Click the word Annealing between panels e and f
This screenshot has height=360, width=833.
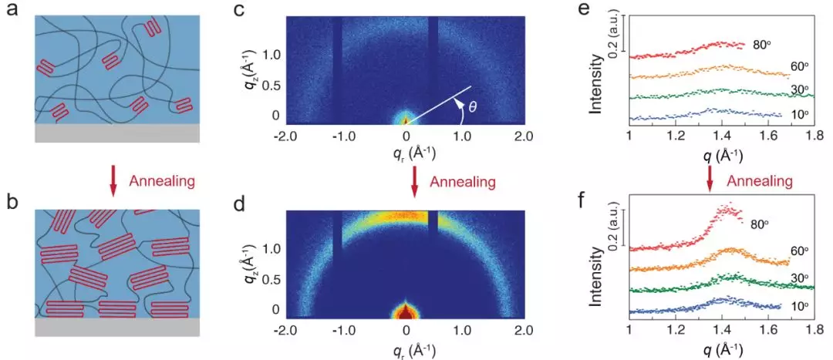tap(760, 181)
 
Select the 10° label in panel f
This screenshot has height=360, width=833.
tap(799, 307)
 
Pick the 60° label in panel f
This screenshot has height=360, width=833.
tap(800, 251)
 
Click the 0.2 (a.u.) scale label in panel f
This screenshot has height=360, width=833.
tap(613, 227)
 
